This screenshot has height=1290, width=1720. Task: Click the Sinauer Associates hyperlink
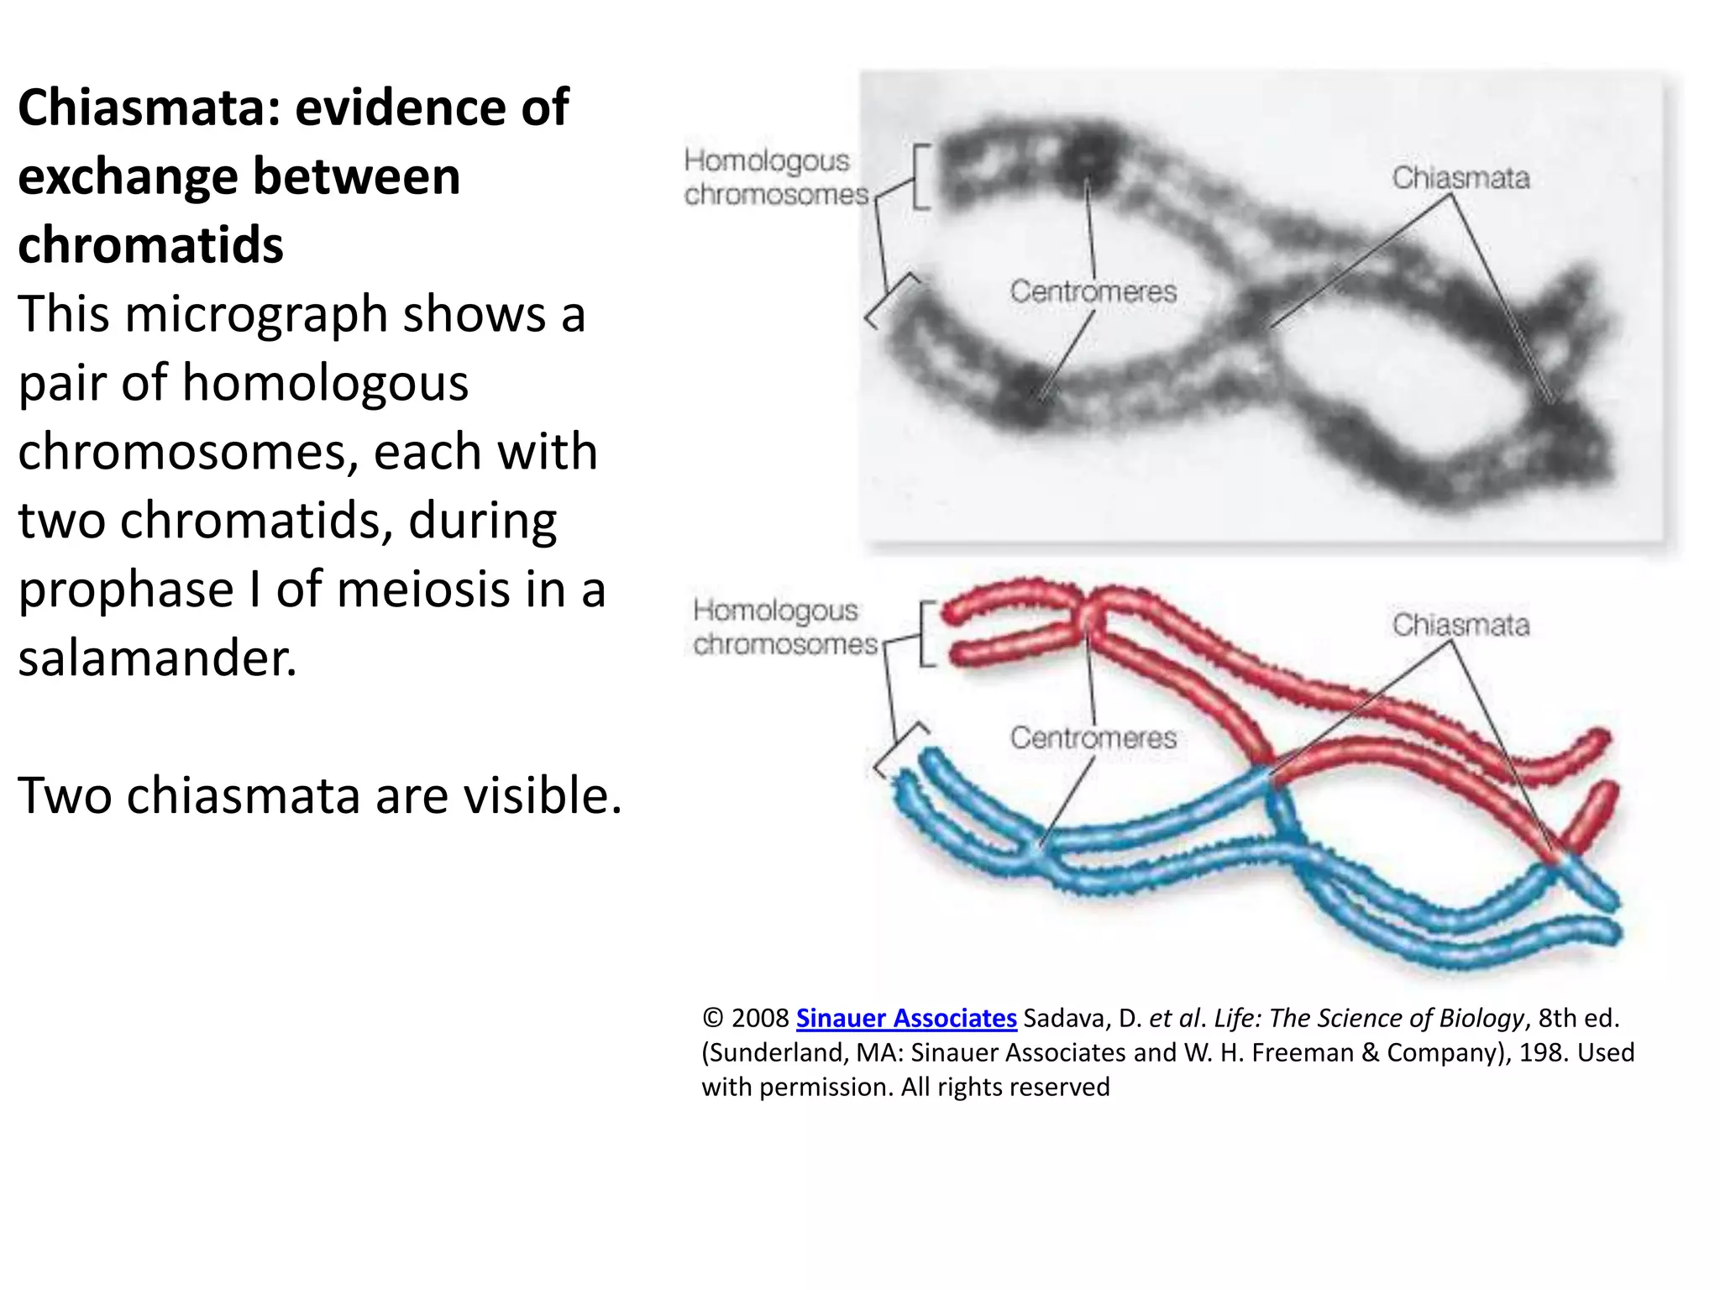[x=905, y=1018]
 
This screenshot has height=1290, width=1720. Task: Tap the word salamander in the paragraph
[x=158, y=658]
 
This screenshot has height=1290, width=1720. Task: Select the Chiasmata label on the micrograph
[x=1460, y=178]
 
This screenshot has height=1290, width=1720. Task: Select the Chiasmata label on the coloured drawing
[x=1460, y=625]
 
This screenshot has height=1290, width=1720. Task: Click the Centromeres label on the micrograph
[x=1093, y=291]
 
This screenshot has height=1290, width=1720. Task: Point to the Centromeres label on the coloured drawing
[x=1093, y=737]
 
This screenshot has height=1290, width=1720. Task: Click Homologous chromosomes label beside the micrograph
[x=774, y=177]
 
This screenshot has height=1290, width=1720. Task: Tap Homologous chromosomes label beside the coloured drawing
[x=783, y=627]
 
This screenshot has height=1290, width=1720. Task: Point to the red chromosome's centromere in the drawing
[x=1089, y=617]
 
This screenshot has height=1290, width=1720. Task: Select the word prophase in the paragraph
[x=126, y=590]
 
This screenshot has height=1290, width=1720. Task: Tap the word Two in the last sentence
[x=65, y=795]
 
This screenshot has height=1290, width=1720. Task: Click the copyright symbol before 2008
[x=712, y=1018]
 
